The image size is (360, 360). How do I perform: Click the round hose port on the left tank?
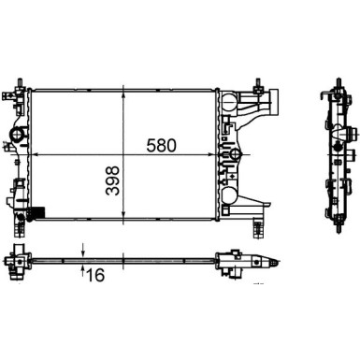pyautogui.click(x=19, y=141)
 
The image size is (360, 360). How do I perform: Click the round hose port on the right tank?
pyautogui.click(x=236, y=154)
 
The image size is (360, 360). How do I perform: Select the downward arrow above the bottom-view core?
pyautogui.click(x=84, y=249)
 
